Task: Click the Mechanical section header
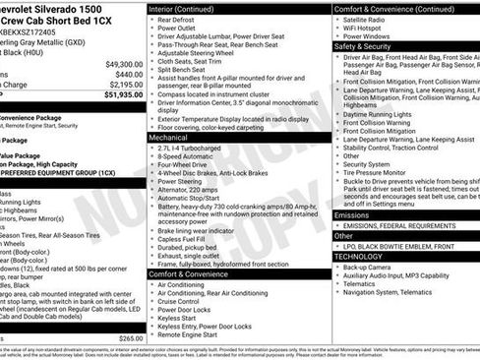pos(169,138)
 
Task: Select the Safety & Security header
pos(362,45)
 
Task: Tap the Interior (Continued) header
pos(189,9)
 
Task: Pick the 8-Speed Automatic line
pos(187,156)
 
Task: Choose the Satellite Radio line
pos(368,19)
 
